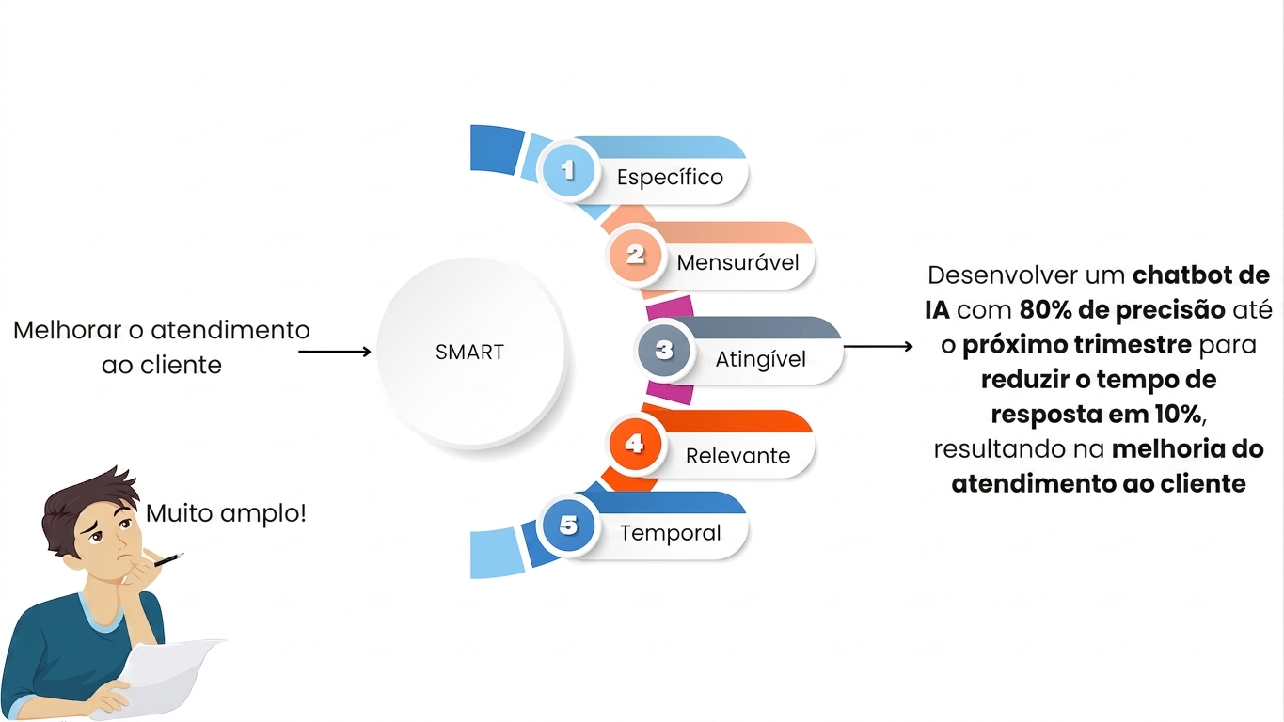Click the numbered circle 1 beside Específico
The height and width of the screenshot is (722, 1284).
[x=568, y=169]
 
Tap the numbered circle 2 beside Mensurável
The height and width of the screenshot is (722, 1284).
[x=635, y=255]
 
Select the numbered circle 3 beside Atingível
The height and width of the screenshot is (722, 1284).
[x=664, y=350]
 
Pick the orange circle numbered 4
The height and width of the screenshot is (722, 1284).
[x=635, y=444]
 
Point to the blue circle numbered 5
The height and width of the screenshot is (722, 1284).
[x=568, y=525]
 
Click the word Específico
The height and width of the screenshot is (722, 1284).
[x=670, y=177]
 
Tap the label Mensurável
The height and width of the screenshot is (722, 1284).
[x=737, y=262]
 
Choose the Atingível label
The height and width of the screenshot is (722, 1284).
[x=761, y=360]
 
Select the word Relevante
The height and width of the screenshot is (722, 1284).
[x=737, y=456]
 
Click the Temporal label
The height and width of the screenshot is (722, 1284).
[x=670, y=533]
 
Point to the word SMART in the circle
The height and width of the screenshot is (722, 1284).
[x=469, y=352]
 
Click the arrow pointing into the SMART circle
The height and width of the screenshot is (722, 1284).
[x=335, y=352]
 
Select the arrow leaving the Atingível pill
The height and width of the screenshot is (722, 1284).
[x=879, y=346]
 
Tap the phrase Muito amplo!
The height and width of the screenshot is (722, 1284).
[x=226, y=513]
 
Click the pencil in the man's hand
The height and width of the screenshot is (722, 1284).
[x=168, y=559]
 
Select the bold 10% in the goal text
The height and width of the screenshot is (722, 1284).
[x=1178, y=415]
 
